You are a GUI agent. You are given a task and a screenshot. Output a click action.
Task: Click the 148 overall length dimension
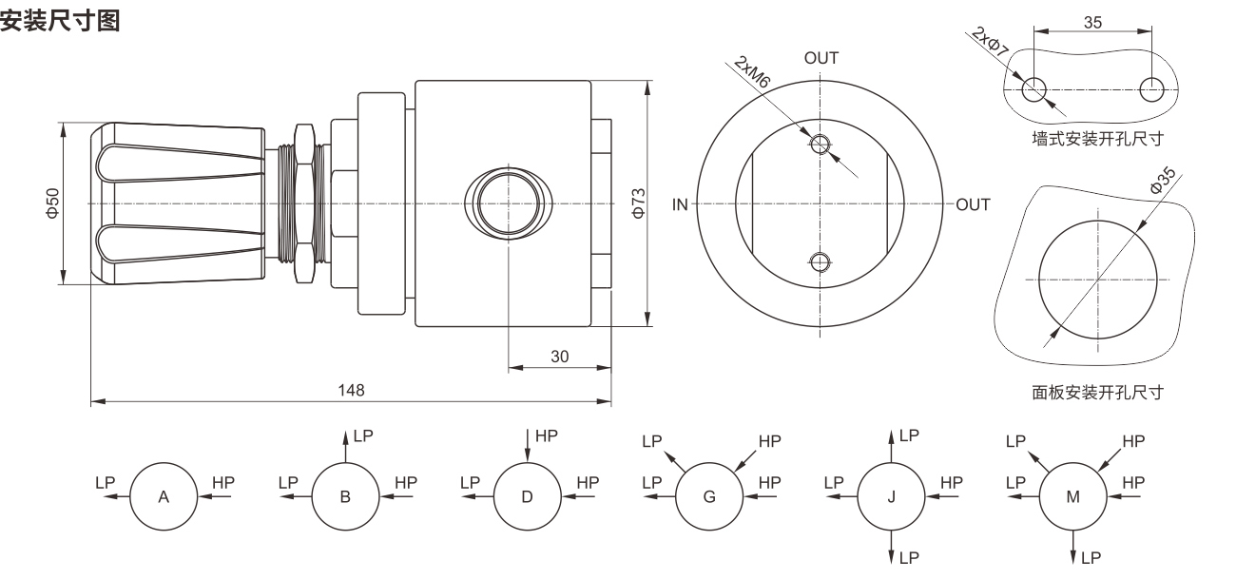351,390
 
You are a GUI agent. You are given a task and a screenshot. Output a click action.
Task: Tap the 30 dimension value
559,357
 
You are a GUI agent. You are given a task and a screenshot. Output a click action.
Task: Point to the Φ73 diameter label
638,203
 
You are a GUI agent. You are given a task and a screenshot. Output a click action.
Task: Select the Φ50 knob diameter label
52,203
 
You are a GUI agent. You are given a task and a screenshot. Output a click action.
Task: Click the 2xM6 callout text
751,71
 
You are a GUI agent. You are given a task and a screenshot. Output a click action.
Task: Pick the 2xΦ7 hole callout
990,42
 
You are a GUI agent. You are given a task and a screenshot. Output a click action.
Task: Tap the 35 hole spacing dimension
1092,23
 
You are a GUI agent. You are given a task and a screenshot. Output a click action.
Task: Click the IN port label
680,204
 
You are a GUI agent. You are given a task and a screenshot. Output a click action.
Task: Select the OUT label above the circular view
821,58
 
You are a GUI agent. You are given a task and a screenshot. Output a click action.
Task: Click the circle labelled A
164,496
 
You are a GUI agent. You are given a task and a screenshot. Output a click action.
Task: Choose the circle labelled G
709,496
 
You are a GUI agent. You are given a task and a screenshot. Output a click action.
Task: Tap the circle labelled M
1072,496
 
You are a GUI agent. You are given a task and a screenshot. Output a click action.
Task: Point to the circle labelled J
891,496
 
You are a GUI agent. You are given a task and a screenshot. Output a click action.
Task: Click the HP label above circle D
547,436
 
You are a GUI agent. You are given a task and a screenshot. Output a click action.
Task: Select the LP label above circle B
363,436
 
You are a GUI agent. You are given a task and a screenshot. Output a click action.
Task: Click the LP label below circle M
1091,558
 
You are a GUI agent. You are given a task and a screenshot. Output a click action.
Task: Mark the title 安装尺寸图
60,21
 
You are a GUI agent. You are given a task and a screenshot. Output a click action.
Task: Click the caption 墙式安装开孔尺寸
1097,139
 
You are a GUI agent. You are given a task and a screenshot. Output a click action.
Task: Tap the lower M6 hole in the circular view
820,261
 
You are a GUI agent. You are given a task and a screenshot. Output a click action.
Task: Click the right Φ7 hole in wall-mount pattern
1151,89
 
